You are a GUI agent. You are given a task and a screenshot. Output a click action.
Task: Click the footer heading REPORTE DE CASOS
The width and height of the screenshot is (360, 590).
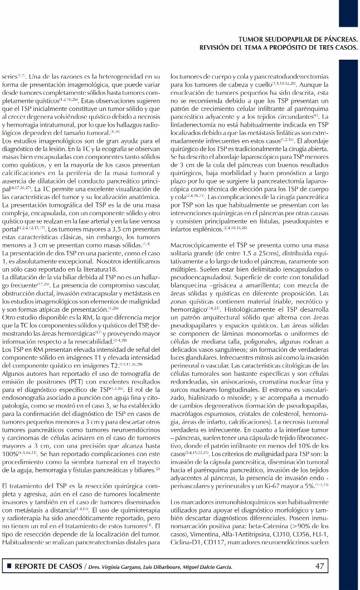coord(48,567)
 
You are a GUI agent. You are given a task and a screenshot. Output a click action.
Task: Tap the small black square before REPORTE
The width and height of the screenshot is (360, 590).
coord(9,567)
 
